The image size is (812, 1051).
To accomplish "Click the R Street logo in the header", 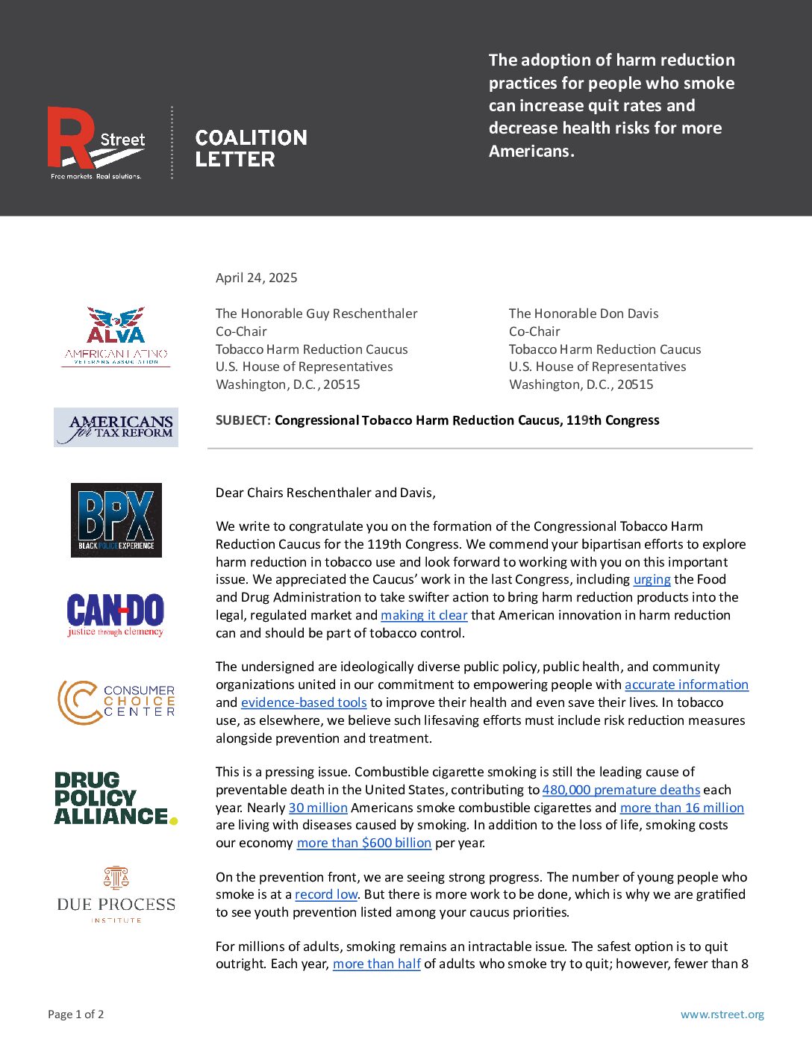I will [x=96, y=143].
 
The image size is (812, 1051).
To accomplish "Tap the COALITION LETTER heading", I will [x=251, y=149].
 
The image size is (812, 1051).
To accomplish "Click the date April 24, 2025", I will [x=256, y=278].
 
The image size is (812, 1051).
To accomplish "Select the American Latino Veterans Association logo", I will [x=116, y=337].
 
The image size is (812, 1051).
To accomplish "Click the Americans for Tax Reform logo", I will [x=116, y=428].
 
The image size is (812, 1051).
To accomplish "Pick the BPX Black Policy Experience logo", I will [x=116, y=520].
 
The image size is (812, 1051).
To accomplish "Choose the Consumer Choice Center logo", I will [x=116, y=702].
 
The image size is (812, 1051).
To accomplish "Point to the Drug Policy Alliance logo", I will [x=116, y=799].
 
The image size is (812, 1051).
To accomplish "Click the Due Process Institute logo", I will [x=116, y=895].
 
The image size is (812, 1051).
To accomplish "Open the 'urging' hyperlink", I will [x=652, y=579].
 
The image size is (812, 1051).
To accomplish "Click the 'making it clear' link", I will [x=424, y=615].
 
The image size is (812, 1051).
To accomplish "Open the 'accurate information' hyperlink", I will [x=686, y=684].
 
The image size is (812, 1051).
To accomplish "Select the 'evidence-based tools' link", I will [x=304, y=702].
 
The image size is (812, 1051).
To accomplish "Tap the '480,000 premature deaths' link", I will [x=621, y=790].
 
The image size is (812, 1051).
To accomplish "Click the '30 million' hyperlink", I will [x=318, y=808].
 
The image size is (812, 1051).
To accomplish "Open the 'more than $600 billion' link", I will [x=364, y=843].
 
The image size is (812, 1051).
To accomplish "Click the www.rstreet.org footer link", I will [x=722, y=1014].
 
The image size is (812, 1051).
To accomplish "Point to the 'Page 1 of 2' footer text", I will [x=76, y=1014].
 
